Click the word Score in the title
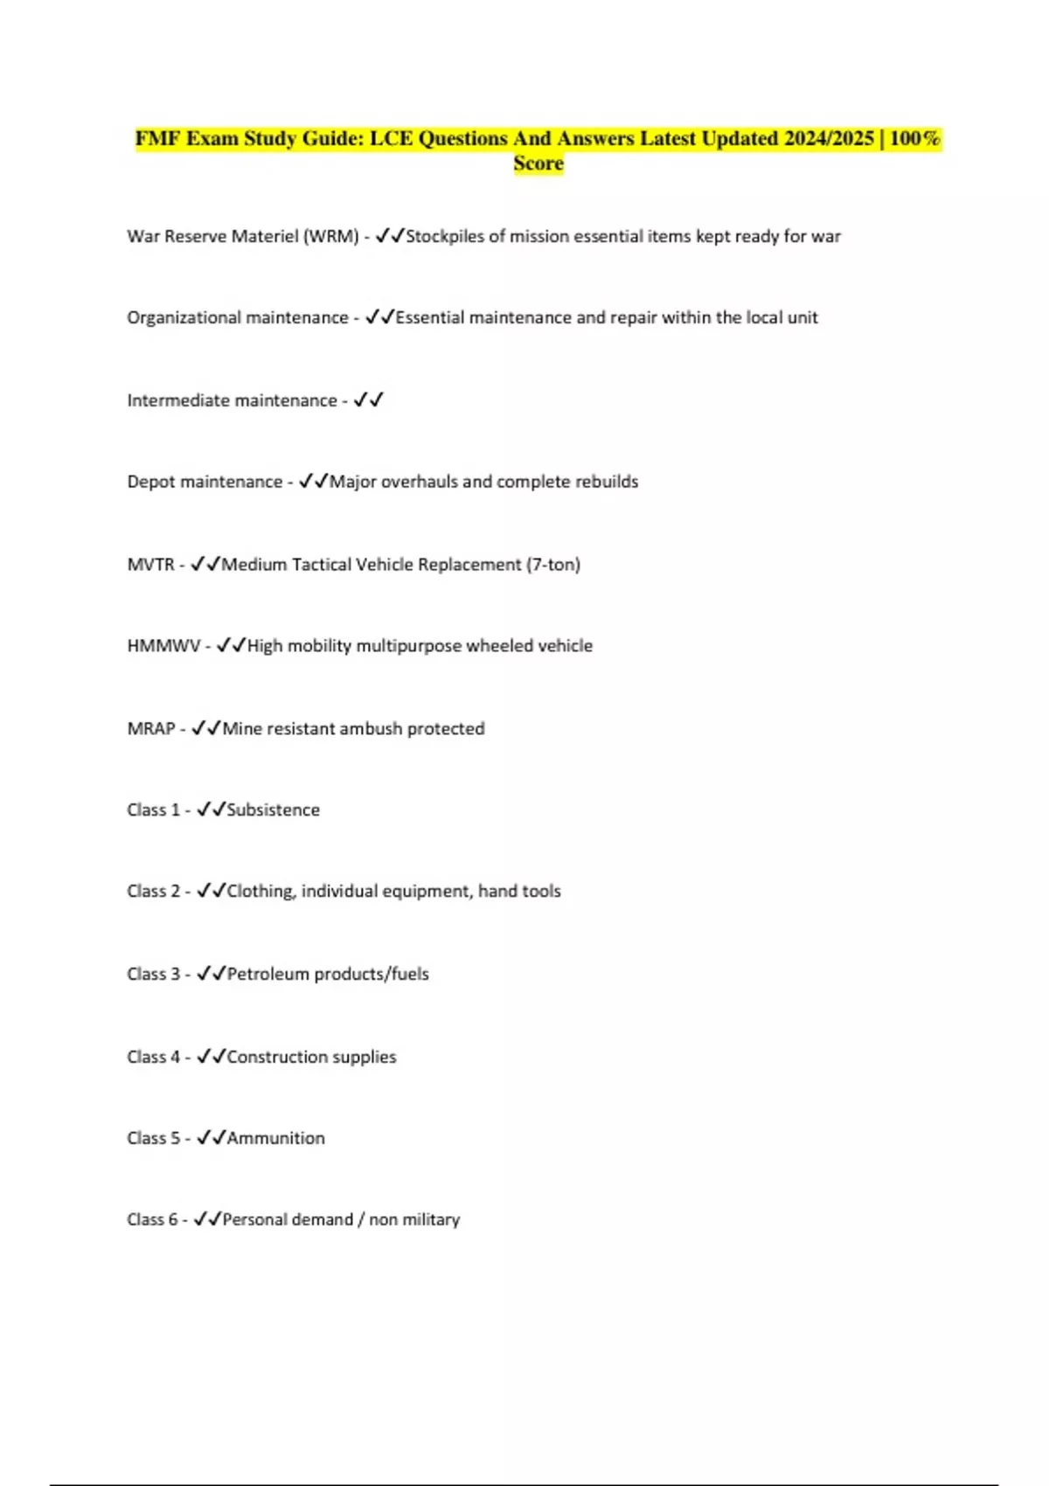[x=538, y=163]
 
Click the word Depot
[x=150, y=482]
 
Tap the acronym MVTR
[x=150, y=565]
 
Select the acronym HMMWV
[x=163, y=646]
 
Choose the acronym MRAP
[x=151, y=729]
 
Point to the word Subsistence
[x=274, y=810]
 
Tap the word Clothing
[x=261, y=892]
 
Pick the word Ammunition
[x=276, y=1138]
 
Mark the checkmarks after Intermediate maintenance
[x=368, y=400]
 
